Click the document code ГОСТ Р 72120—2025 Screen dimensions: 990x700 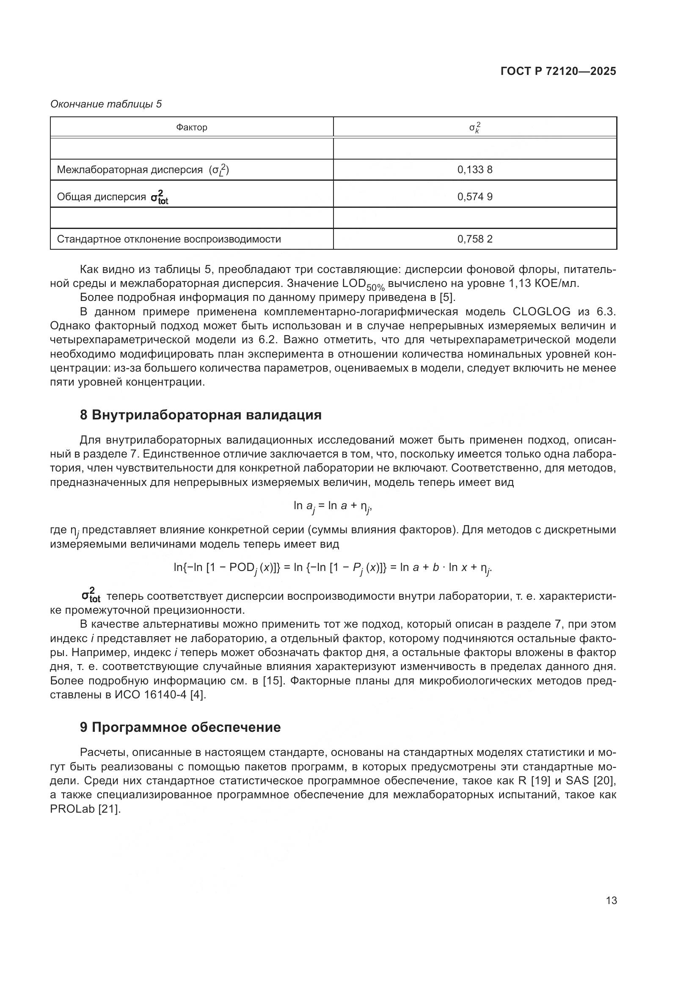(558, 71)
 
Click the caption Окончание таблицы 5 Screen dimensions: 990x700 (106, 104)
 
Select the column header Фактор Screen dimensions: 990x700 (191, 127)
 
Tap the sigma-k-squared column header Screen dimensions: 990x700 (474, 128)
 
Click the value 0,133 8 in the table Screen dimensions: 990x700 (474, 169)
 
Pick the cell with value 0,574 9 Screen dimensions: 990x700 (474, 197)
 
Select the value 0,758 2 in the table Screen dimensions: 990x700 (474, 239)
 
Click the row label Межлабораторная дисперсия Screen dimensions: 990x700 (130, 169)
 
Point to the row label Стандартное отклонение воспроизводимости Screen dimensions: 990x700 (168, 239)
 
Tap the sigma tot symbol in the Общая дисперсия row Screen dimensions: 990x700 (159, 197)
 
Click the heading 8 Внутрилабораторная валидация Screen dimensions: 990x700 (201, 415)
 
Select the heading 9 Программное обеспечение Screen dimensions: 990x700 (180, 727)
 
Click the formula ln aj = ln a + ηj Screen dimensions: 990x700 (332, 507)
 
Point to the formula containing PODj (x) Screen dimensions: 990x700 (332, 568)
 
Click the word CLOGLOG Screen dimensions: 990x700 (541, 312)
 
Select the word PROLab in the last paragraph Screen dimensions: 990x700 (72, 809)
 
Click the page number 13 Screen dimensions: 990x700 (611, 900)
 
